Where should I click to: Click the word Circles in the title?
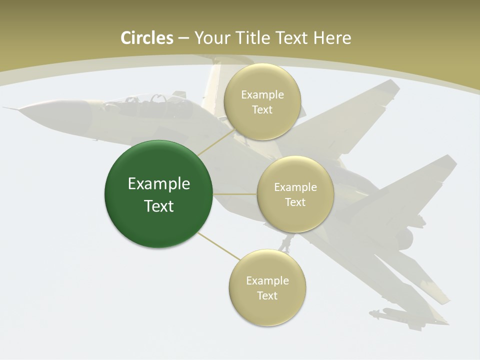click(x=147, y=38)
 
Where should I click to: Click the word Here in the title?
click(x=332, y=38)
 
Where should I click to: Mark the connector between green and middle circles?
click(x=235, y=194)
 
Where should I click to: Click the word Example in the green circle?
click(x=159, y=184)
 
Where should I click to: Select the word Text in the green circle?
click(x=159, y=206)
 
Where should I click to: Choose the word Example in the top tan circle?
click(x=262, y=95)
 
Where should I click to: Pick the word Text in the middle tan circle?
click(x=295, y=202)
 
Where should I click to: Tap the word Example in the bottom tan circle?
click(x=267, y=281)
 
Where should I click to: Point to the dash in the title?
click(x=183, y=38)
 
